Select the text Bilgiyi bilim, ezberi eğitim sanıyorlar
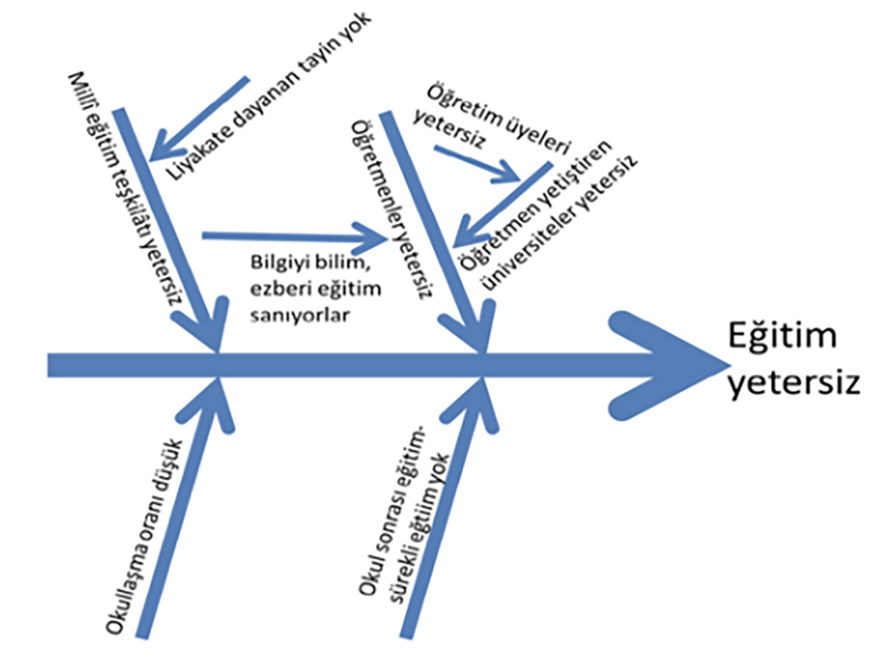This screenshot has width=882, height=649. pyautogui.click(x=314, y=289)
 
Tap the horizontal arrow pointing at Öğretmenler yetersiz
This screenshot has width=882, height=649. pyautogui.click(x=294, y=237)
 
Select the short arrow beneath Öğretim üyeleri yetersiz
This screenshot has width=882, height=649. pyautogui.click(x=478, y=163)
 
